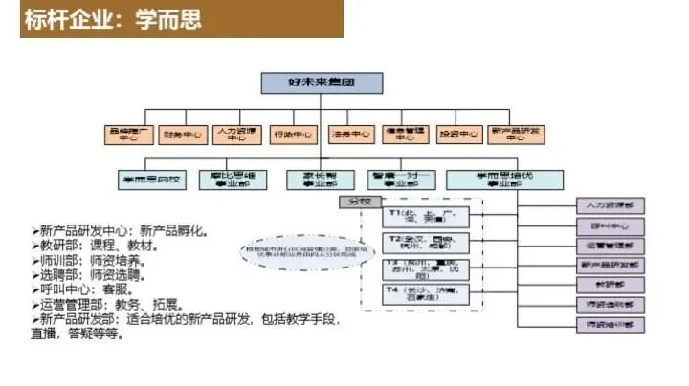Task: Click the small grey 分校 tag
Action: (358, 203)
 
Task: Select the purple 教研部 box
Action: (611, 284)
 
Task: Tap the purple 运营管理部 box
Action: (611, 245)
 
